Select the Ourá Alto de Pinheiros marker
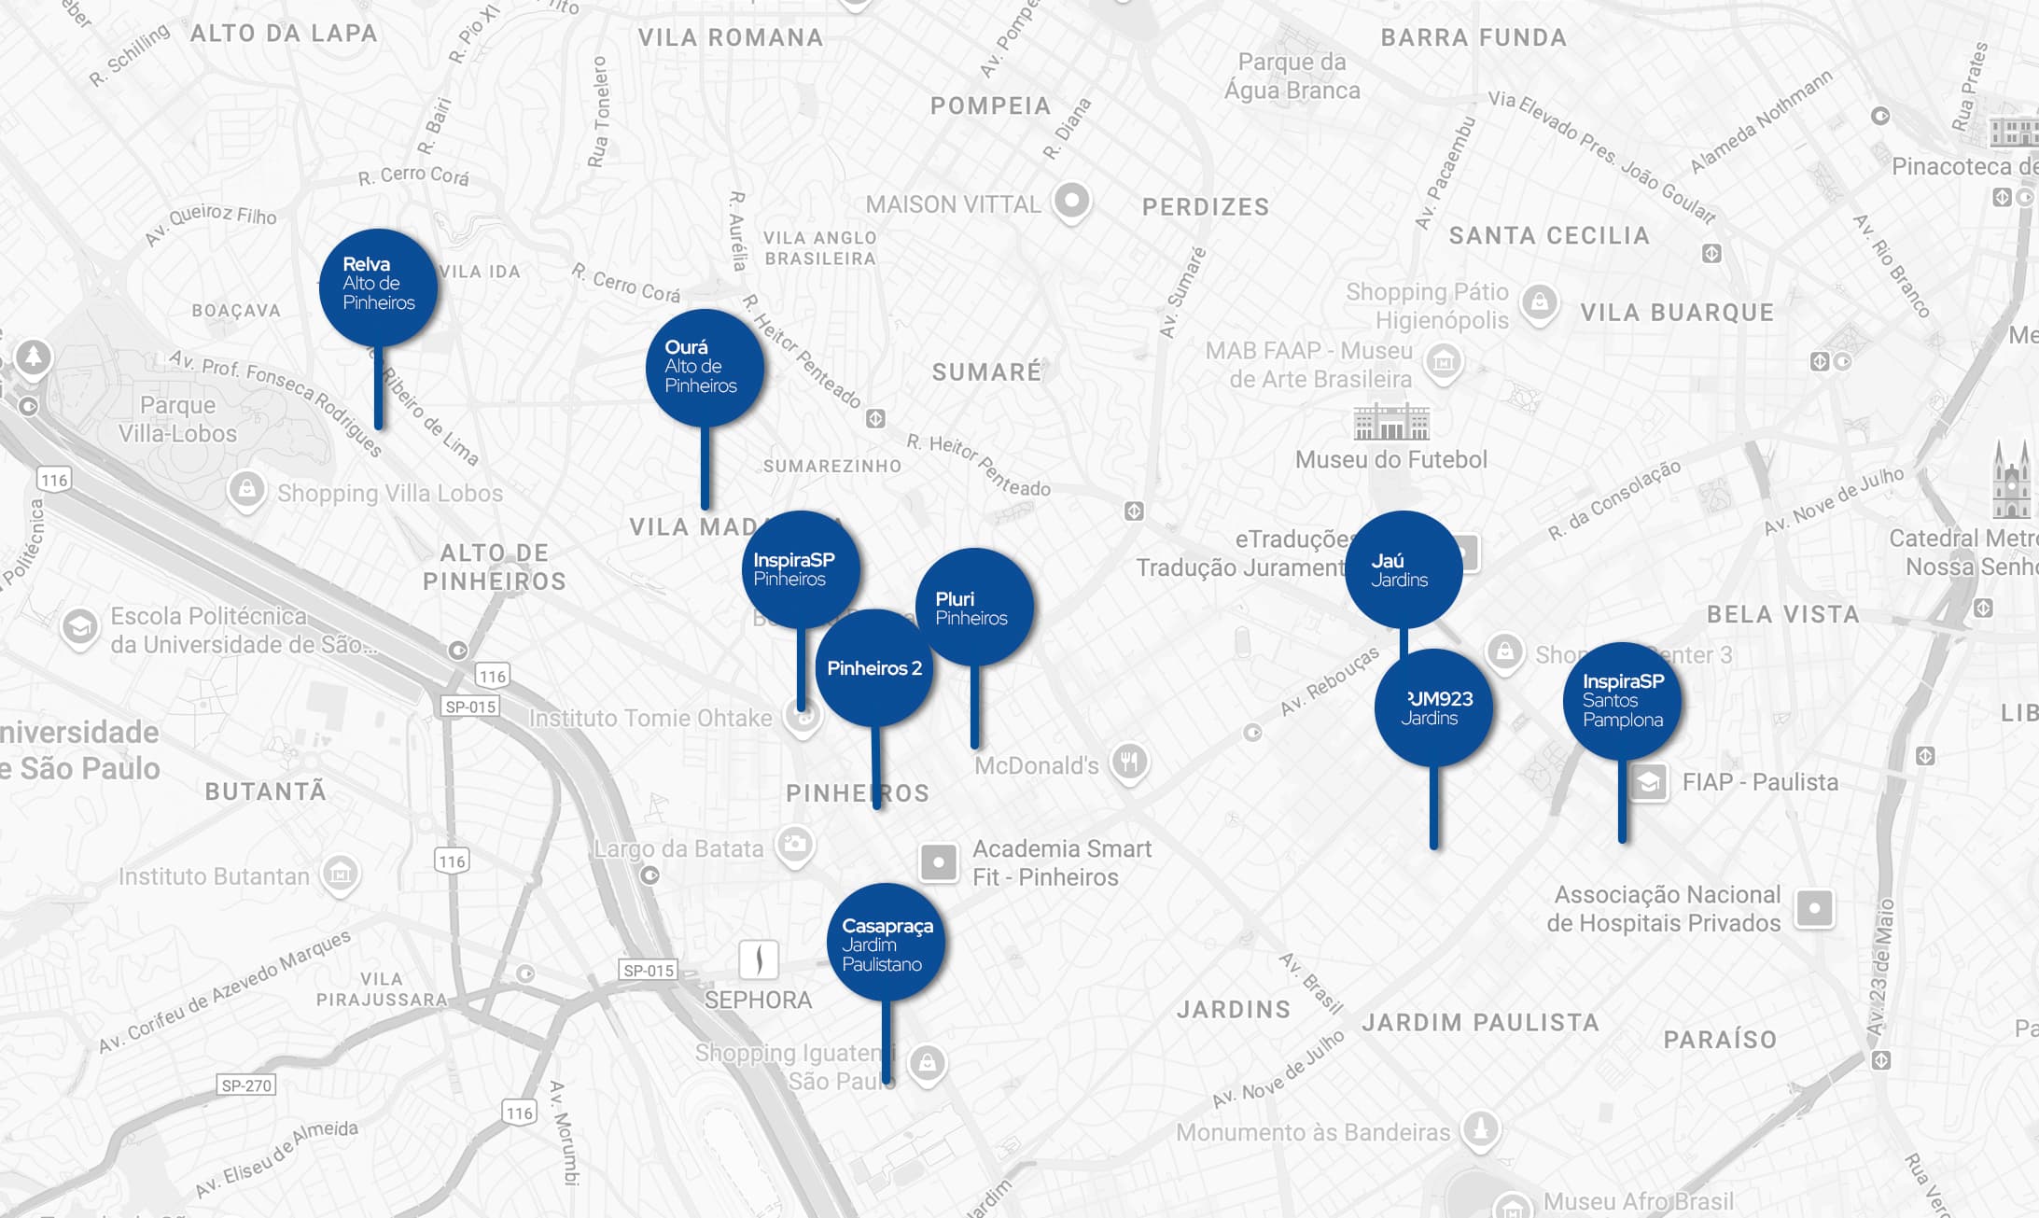[x=705, y=368]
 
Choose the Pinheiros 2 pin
[x=874, y=668]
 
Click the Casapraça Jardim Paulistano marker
[x=886, y=943]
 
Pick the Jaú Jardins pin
[x=1403, y=569]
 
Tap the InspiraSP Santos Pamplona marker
[x=1622, y=701]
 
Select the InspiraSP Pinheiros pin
[x=800, y=568]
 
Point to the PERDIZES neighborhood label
[x=1206, y=207]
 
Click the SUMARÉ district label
[x=986, y=372]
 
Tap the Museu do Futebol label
[x=1390, y=460]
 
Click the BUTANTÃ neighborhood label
[x=266, y=792]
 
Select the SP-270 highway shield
[x=246, y=1085]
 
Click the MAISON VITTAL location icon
[x=1071, y=201]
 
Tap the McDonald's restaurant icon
[x=1129, y=763]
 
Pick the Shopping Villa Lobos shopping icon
[x=246, y=489]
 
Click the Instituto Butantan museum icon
[x=340, y=875]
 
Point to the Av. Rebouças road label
[x=1329, y=682]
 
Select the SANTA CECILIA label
[x=1549, y=236]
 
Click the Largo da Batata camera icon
[x=795, y=846]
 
